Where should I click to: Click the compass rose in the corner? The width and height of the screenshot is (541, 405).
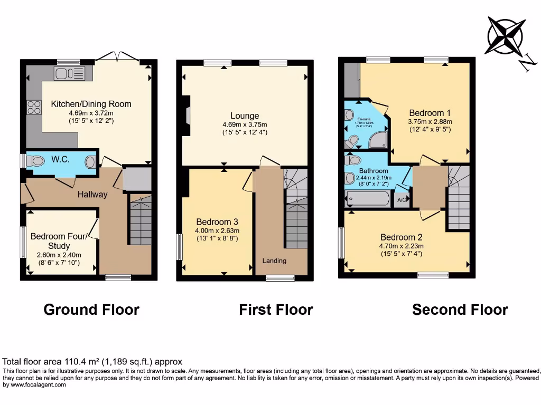[x=506, y=36]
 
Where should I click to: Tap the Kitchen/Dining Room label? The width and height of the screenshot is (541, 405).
[x=91, y=104]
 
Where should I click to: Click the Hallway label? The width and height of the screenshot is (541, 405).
[x=92, y=194]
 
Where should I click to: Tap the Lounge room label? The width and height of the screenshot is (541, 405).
[x=244, y=115]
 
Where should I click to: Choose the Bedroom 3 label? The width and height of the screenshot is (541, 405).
[x=217, y=221]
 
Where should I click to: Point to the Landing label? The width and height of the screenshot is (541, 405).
[x=274, y=261]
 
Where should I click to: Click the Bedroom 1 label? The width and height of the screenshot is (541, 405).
[x=430, y=113]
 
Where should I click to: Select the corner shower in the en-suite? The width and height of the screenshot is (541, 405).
[x=378, y=139]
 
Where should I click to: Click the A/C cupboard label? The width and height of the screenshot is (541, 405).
[x=401, y=200]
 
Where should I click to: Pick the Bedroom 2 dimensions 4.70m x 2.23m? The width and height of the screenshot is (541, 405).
[x=401, y=246]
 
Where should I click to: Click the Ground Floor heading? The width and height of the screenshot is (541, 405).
[x=91, y=310]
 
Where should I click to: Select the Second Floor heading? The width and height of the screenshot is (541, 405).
[x=460, y=310]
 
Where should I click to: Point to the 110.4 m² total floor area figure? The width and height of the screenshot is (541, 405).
[x=80, y=362]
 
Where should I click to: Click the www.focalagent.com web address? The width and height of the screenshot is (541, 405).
[x=34, y=385]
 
